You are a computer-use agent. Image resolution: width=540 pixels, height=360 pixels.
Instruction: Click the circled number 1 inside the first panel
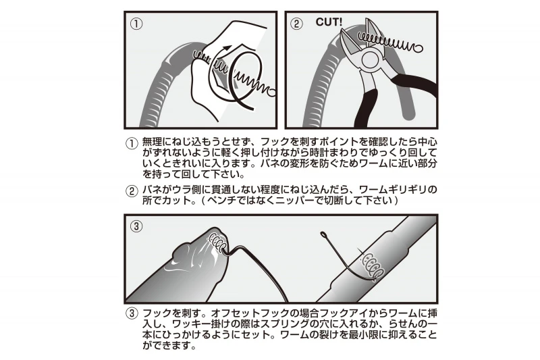tap(136, 24)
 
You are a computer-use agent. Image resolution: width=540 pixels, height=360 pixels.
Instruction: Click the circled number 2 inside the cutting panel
tap(296, 24)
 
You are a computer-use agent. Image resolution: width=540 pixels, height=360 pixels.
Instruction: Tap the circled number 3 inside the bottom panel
tap(136, 226)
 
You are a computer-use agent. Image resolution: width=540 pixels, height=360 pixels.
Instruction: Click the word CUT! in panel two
tap(329, 22)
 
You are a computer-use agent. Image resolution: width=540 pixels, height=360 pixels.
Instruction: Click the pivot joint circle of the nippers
tap(370, 59)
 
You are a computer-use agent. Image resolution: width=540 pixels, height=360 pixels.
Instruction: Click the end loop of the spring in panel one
tap(271, 92)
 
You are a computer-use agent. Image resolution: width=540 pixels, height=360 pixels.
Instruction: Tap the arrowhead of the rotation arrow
tap(227, 48)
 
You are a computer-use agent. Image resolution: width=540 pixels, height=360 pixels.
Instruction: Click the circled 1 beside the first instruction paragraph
tap(131, 143)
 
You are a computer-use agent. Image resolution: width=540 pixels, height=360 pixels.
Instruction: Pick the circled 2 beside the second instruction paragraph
tap(131, 191)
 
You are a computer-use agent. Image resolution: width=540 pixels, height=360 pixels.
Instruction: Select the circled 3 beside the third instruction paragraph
tap(131, 314)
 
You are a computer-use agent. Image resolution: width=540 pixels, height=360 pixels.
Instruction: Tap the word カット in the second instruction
tap(177, 200)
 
